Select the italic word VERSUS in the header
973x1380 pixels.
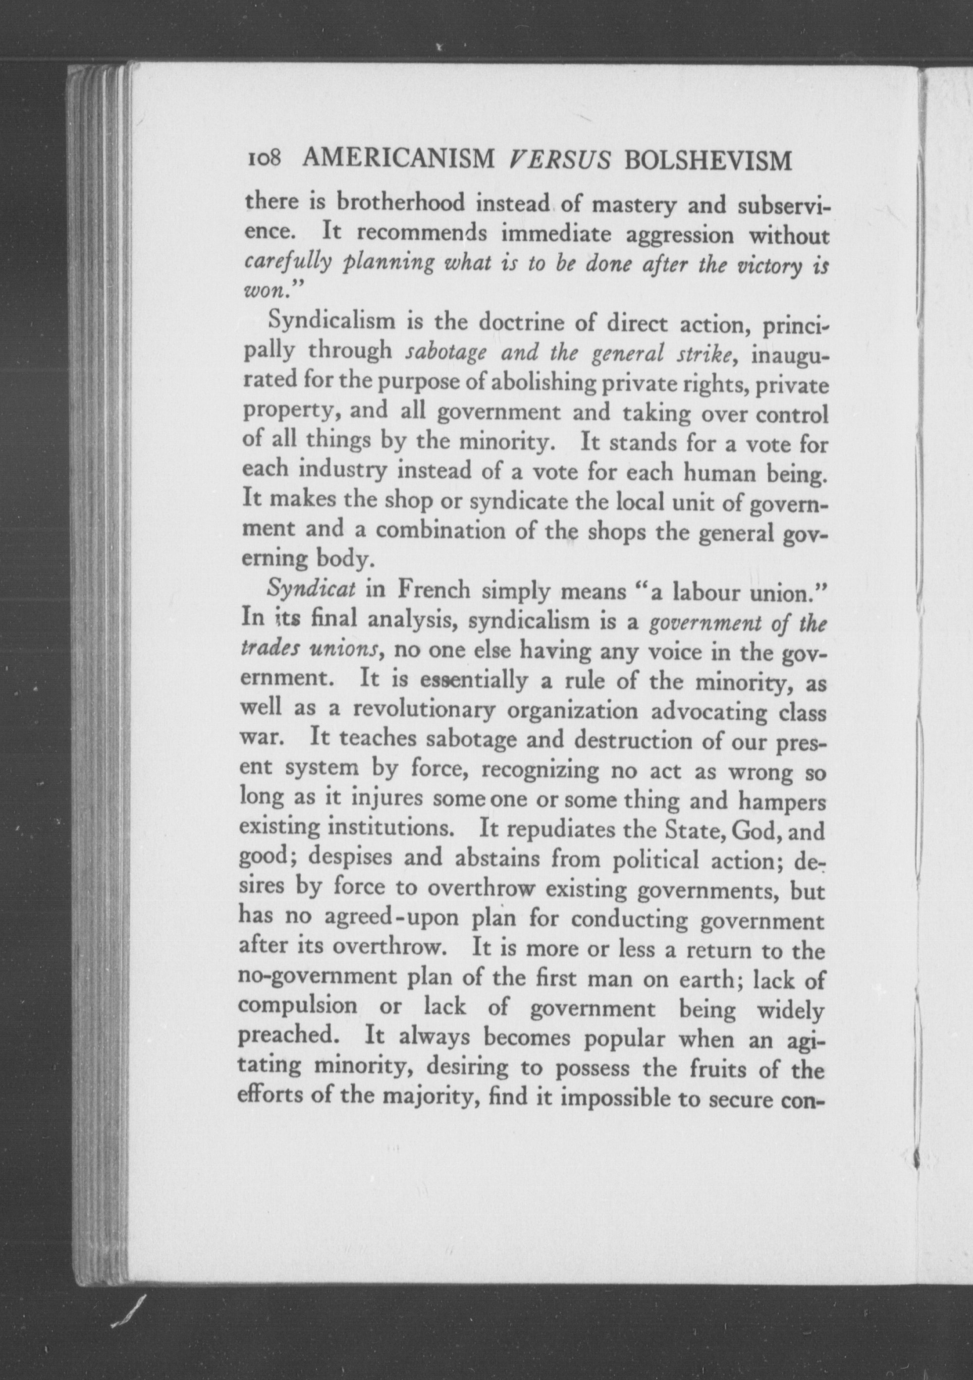(560, 160)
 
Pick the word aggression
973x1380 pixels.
(678, 236)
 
